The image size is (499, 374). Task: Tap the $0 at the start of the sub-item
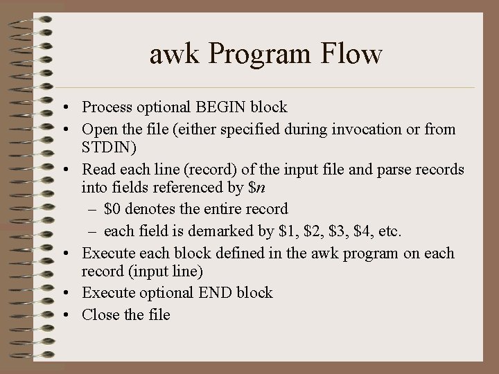click(114, 208)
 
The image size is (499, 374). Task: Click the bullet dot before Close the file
click(63, 314)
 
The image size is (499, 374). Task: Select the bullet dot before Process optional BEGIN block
click(63, 108)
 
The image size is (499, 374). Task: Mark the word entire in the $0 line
click(214, 208)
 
